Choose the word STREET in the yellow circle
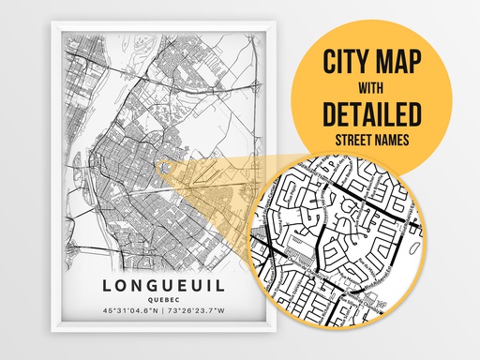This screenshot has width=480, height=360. [350, 142]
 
